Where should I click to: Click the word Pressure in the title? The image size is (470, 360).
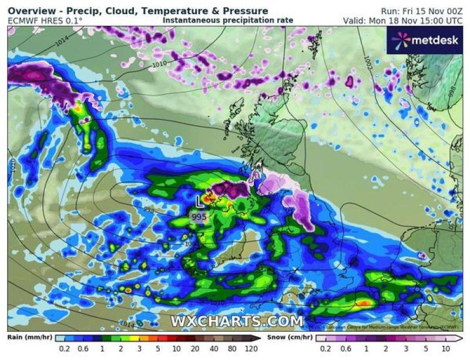[244, 11]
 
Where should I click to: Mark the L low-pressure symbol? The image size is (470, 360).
[200, 201]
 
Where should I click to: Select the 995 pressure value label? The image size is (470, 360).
[199, 217]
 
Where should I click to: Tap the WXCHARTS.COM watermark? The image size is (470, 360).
[237, 321]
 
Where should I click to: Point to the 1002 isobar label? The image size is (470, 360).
[368, 60]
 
